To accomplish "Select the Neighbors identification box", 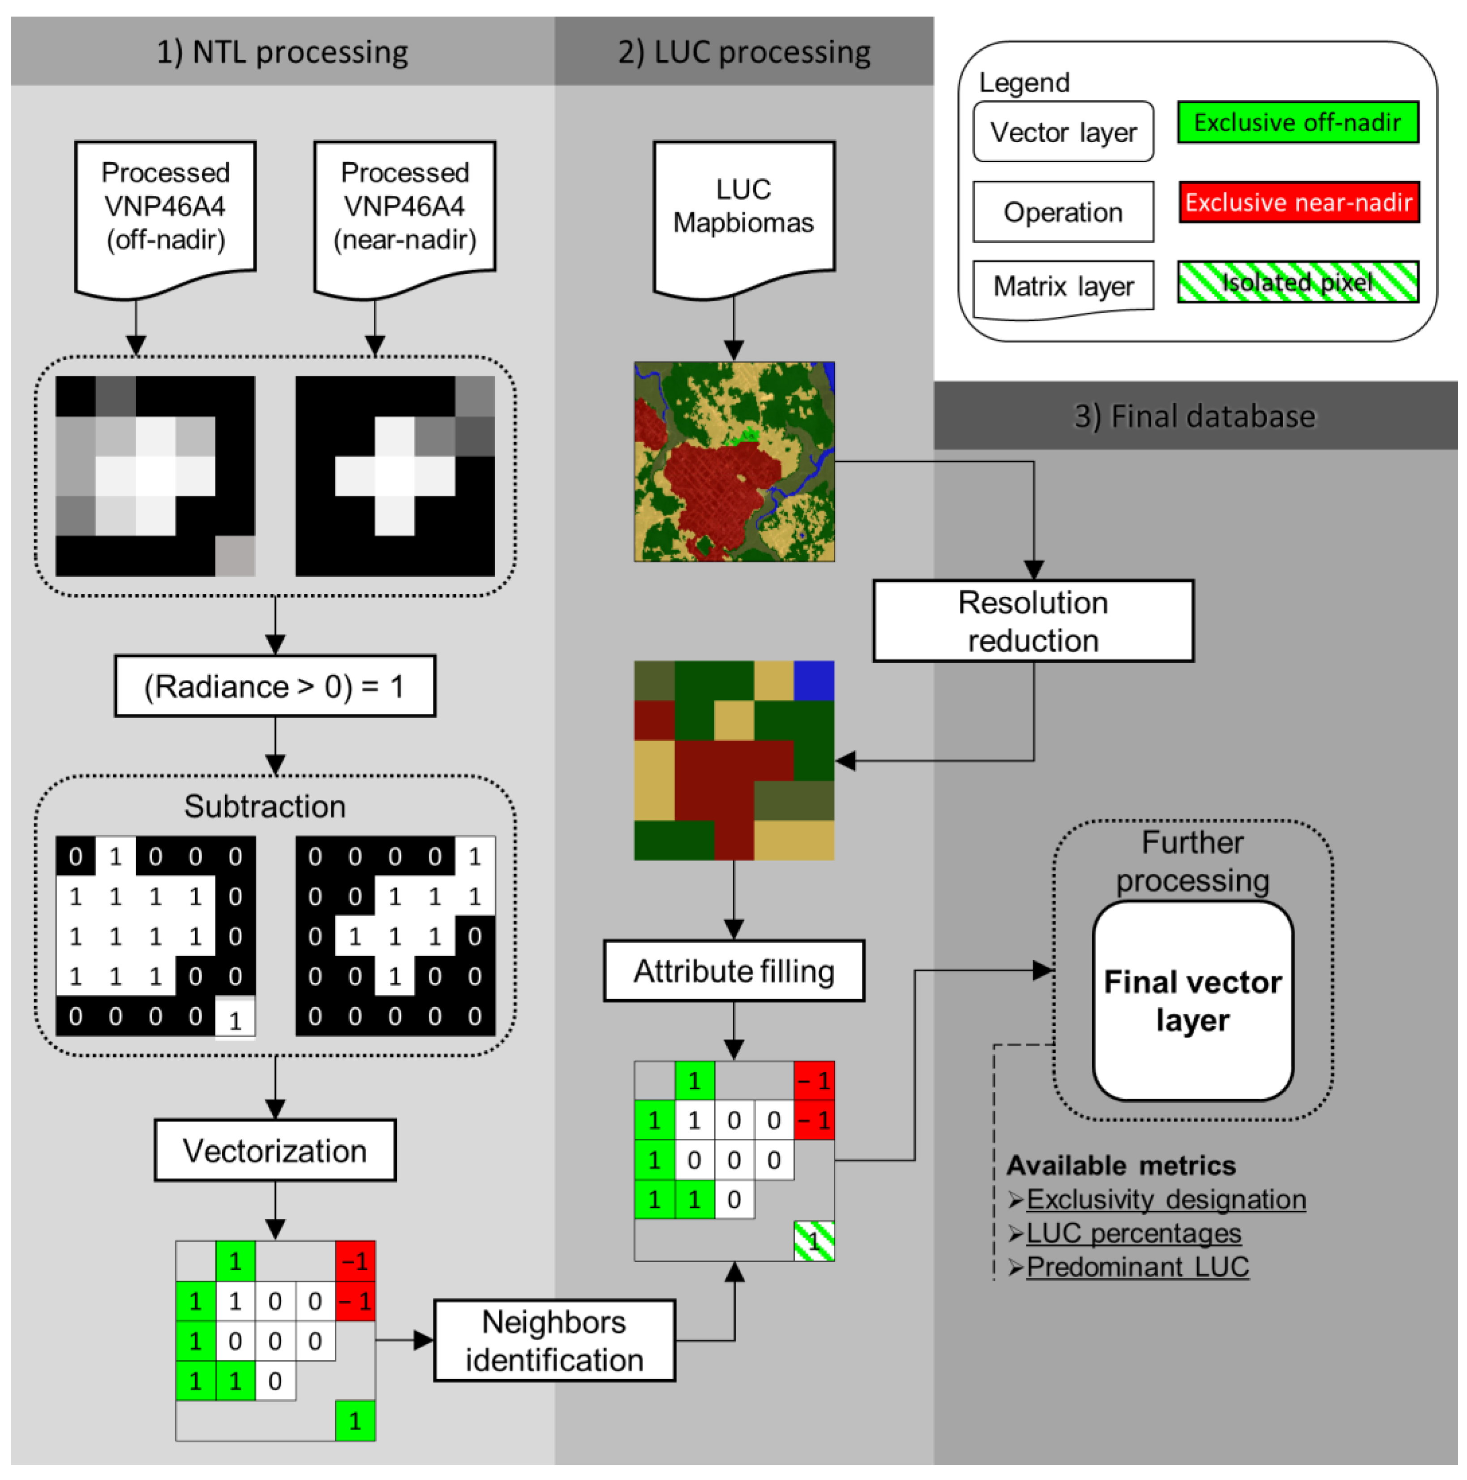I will [x=554, y=1341].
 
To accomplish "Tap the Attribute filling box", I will [x=733, y=971].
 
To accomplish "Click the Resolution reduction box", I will [x=1033, y=621].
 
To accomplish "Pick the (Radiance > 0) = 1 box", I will [x=275, y=686].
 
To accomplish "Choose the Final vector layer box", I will [x=1192, y=1001].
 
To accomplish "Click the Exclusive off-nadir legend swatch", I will [x=1298, y=122].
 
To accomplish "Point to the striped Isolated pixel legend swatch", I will [x=1298, y=282].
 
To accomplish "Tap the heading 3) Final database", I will [x=1194, y=416].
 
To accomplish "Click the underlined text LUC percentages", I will [x=1133, y=1233].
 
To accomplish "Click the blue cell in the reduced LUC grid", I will [x=814, y=680].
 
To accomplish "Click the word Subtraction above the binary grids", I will [x=265, y=806].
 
